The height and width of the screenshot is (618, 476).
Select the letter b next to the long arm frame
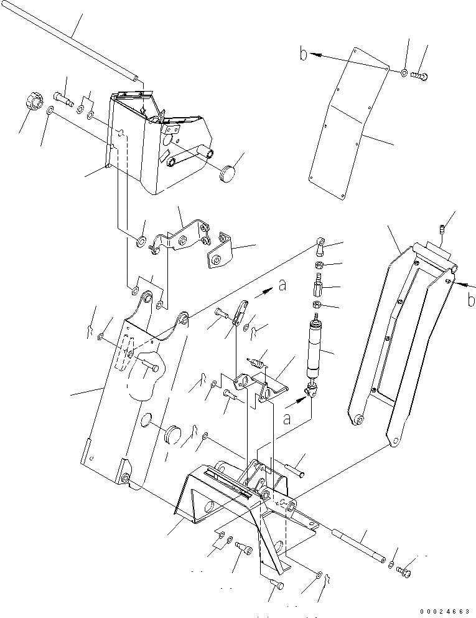click(471, 300)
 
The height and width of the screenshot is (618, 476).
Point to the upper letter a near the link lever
click(283, 286)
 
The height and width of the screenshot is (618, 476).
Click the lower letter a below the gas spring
click(286, 419)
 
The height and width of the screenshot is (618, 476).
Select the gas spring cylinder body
click(314, 349)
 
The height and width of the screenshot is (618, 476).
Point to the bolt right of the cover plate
click(421, 77)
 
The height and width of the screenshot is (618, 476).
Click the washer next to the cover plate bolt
click(405, 74)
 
